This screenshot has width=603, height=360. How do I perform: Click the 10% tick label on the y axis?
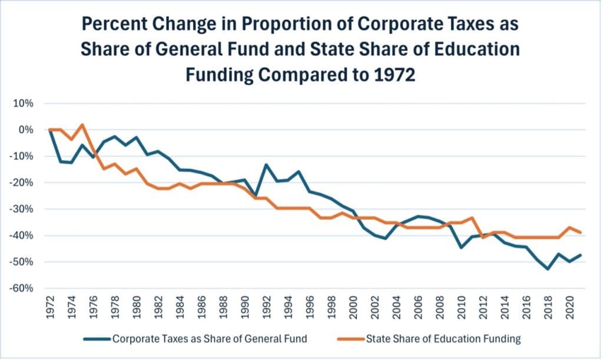pyautogui.click(x=24, y=103)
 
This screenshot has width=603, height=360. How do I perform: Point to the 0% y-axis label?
pyautogui.click(x=26, y=130)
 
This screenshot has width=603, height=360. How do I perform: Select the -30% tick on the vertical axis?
pyautogui.click(x=22, y=209)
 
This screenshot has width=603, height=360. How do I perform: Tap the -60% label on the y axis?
pyautogui.click(x=22, y=289)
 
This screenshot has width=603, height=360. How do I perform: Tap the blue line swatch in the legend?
pyautogui.click(x=97, y=339)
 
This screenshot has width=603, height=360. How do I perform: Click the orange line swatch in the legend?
pyautogui.click(x=350, y=339)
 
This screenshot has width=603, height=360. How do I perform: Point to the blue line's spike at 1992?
pyautogui.click(x=266, y=164)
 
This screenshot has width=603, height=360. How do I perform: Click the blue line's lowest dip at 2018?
pyautogui.click(x=548, y=269)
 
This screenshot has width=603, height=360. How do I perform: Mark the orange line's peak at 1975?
pyautogui.click(x=82, y=124)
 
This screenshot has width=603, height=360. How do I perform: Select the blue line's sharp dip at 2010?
pyautogui.click(x=461, y=247)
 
